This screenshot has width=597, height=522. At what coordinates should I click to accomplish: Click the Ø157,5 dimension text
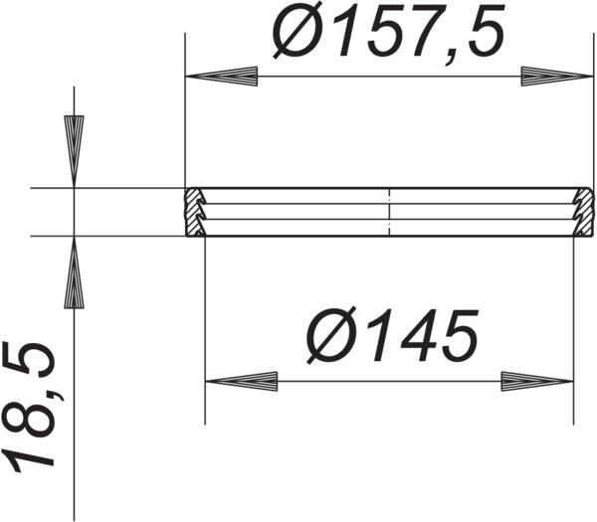tap(388, 31)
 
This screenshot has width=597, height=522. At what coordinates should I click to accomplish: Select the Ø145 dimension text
tap(392, 334)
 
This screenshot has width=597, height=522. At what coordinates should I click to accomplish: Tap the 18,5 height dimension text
tap(29, 407)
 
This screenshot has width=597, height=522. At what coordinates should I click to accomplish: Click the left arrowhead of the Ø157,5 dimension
tap(221, 77)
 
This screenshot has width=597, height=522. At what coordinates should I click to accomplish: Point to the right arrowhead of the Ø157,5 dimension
tap(557, 77)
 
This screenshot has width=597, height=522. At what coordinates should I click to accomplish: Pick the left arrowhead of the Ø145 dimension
tap(242, 381)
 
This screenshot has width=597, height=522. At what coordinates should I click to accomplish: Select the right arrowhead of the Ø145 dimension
tap(537, 381)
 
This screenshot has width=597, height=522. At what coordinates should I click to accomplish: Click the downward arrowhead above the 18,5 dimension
tap(75, 151)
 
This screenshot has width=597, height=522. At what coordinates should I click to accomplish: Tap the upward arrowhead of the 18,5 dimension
tap(75, 272)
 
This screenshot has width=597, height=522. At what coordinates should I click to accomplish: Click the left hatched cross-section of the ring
tap(195, 212)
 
